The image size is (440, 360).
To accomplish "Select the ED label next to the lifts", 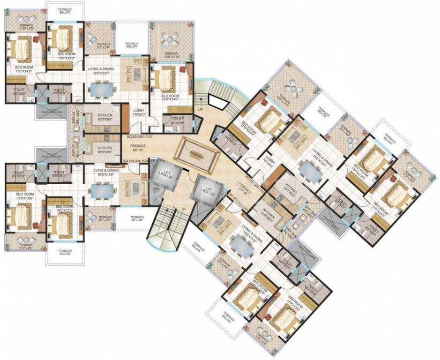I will pos(155,190).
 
